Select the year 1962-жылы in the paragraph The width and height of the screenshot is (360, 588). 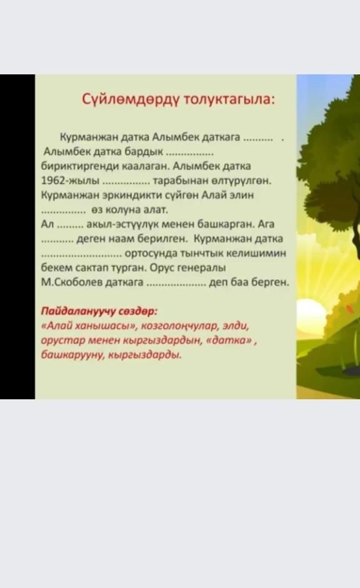pyautogui.click(x=70, y=181)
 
